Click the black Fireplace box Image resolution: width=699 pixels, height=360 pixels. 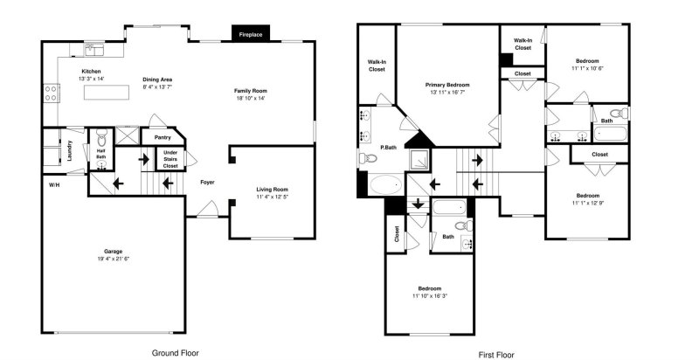pos(253,33)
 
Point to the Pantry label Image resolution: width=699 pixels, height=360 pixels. pos(163,137)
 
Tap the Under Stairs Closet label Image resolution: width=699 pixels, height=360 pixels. pos(170,158)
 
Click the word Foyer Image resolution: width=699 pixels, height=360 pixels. pos(207,183)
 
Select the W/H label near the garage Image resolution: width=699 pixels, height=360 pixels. pos(54,184)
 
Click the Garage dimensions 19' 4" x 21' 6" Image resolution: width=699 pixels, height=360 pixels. pos(114,259)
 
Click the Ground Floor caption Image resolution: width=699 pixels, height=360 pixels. pos(176,352)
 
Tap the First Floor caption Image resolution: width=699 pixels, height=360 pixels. pos(497,354)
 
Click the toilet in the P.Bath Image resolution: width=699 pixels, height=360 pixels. pos(368,159)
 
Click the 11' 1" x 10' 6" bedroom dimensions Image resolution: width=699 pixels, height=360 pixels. pos(588,67)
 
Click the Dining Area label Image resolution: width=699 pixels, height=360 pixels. pos(158,80)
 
